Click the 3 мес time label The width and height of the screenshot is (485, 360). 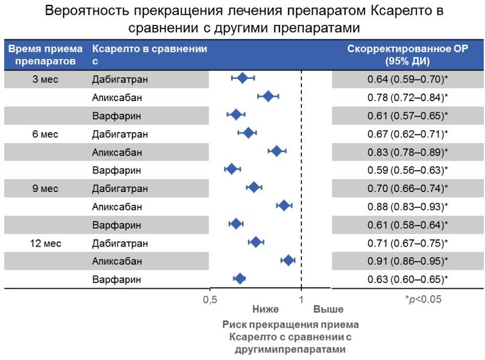(x=44, y=79)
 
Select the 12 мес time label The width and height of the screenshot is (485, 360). (x=44, y=243)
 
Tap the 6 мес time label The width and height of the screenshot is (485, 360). (x=44, y=134)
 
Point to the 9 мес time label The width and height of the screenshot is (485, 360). (x=44, y=188)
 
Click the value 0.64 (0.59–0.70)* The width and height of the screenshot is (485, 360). (x=407, y=79)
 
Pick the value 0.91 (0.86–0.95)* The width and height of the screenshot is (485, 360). (x=407, y=261)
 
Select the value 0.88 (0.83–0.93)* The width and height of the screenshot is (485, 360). (x=407, y=207)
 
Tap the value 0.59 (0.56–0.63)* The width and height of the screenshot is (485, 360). (x=407, y=170)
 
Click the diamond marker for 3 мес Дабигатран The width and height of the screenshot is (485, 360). (x=242, y=78)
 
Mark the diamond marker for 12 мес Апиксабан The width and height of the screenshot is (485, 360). (x=288, y=260)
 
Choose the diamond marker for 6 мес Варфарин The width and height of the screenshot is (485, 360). (x=231, y=169)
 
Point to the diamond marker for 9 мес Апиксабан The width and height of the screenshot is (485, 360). (x=283, y=205)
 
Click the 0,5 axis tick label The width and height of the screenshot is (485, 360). (x=210, y=299)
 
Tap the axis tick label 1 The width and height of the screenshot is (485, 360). (x=301, y=299)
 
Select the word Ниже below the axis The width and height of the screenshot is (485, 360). (x=266, y=310)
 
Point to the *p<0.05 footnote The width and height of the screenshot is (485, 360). (x=423, y=299)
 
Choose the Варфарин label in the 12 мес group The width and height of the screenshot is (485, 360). (x=116, y=279)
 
